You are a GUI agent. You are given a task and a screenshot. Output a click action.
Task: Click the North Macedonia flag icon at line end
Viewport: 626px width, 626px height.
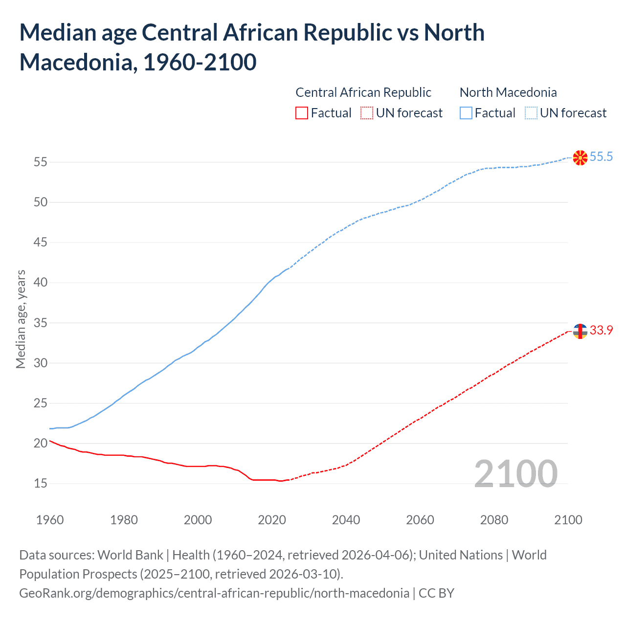[x=580, y=157]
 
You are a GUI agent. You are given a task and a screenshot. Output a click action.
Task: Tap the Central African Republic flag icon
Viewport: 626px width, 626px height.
[x=580, y=331]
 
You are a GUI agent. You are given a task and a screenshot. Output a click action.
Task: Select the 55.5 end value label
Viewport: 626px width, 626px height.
[x=601, y=156]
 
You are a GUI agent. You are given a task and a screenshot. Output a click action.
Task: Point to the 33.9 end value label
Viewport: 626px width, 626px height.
[x=601, y=330]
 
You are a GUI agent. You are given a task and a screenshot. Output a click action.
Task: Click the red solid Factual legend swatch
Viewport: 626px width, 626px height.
[x=302, y=113]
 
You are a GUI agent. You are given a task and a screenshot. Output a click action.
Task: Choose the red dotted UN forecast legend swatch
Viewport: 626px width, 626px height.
[x=367, y=113]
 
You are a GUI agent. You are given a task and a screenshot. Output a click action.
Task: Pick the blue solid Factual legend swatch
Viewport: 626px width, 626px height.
[x=466, y=113]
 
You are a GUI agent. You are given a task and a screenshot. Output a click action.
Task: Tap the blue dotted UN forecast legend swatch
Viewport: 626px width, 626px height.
[x=531, y=113]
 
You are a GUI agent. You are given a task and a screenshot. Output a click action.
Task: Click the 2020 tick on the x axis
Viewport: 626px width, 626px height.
[x=272, y=519]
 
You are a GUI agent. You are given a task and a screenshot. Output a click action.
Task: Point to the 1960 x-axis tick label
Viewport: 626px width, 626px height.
[x=50, y=519]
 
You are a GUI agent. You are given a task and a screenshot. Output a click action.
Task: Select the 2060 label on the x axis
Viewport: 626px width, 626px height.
[x=420, y=519]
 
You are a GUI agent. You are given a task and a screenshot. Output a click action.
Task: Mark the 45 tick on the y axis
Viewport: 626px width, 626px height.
[x=41, y=243]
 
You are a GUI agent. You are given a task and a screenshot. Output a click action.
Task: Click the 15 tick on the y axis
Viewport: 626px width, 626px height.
[x=41, y=484]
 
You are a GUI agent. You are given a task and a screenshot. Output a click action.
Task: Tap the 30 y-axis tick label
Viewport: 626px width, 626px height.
[x=41, y=363]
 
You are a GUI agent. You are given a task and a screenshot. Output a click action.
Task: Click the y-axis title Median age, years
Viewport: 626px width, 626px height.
[x=21, y=319]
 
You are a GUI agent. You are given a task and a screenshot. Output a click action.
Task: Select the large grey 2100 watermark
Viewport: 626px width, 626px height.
[x=516, y=473]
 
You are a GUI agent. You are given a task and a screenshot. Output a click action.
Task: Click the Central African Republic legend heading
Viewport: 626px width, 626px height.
[x=363, y=92]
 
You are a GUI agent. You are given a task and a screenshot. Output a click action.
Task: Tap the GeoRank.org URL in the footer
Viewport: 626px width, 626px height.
[x=214, y=593]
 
